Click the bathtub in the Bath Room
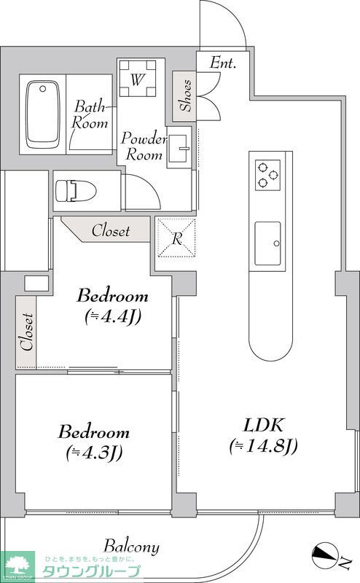coord(43,114)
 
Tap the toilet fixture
coord(76,191)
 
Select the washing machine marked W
coord(137,78)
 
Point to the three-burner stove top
coord(267,175)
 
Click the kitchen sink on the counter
coord(267,243)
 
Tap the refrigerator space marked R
coord(176,238)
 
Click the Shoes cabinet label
coord(186,95)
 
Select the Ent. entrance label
coord(223,63)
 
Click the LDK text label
coord(264,425)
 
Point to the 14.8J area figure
coord(264,446)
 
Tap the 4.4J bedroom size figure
coord(112,317)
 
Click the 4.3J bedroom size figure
coord(95,453)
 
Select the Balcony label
coord(132,547)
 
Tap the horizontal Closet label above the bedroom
coord(111,231)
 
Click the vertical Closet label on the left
coord(27,332)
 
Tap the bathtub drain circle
coord(43,89)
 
